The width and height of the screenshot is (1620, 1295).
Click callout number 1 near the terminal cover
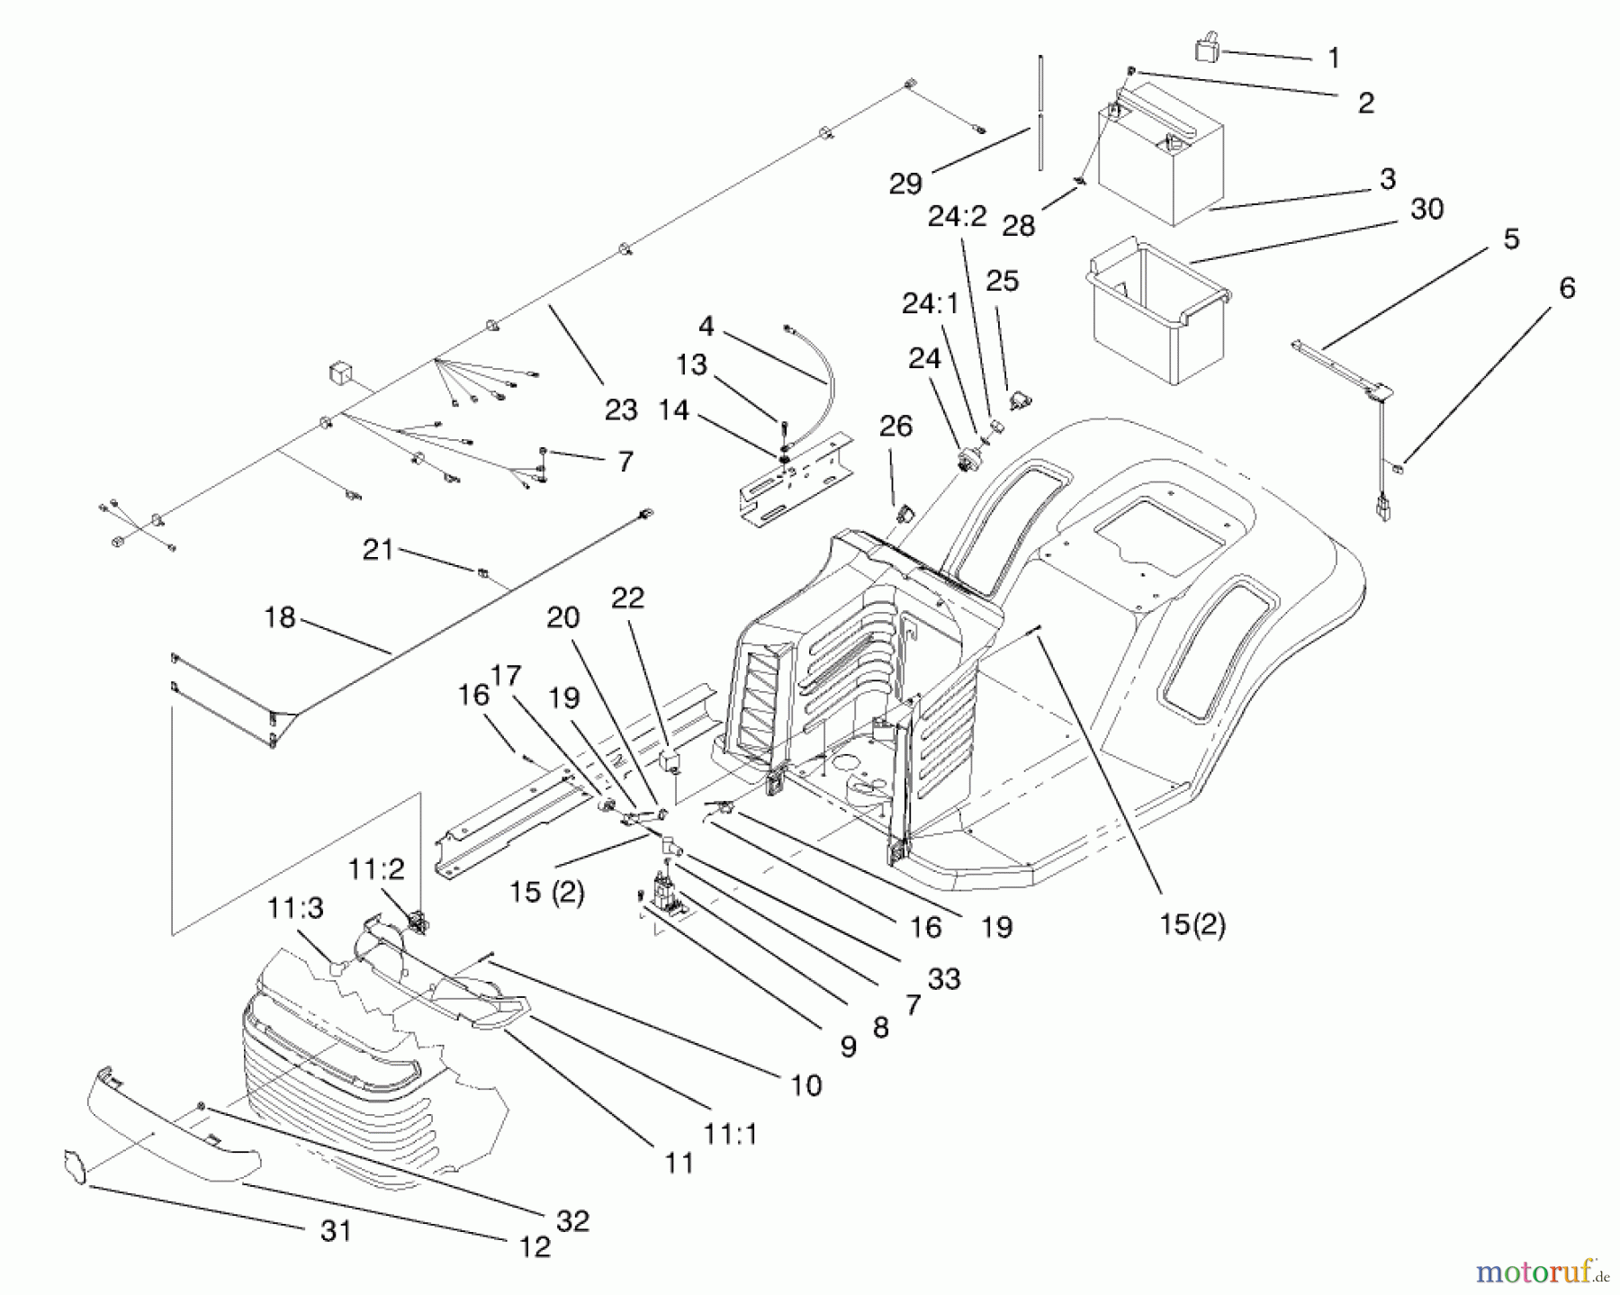point(1334,58)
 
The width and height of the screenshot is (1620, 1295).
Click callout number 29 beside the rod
point(904,183)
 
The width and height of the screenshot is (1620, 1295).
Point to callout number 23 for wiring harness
point(621,409)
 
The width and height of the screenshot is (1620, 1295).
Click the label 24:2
point(958,217)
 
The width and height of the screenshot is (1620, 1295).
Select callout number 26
point(895,427)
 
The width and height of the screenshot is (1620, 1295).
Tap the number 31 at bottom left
point(336,1230)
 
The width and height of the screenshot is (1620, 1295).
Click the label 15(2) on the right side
point(1192,924)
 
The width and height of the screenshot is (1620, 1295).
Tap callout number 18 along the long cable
point(280,618)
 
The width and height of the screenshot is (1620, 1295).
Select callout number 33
point(944,978)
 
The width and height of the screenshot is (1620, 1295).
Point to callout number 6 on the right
point(1567,288)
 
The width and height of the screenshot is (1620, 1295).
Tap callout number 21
point(378,549)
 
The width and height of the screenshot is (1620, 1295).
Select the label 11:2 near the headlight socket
point(377,869)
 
